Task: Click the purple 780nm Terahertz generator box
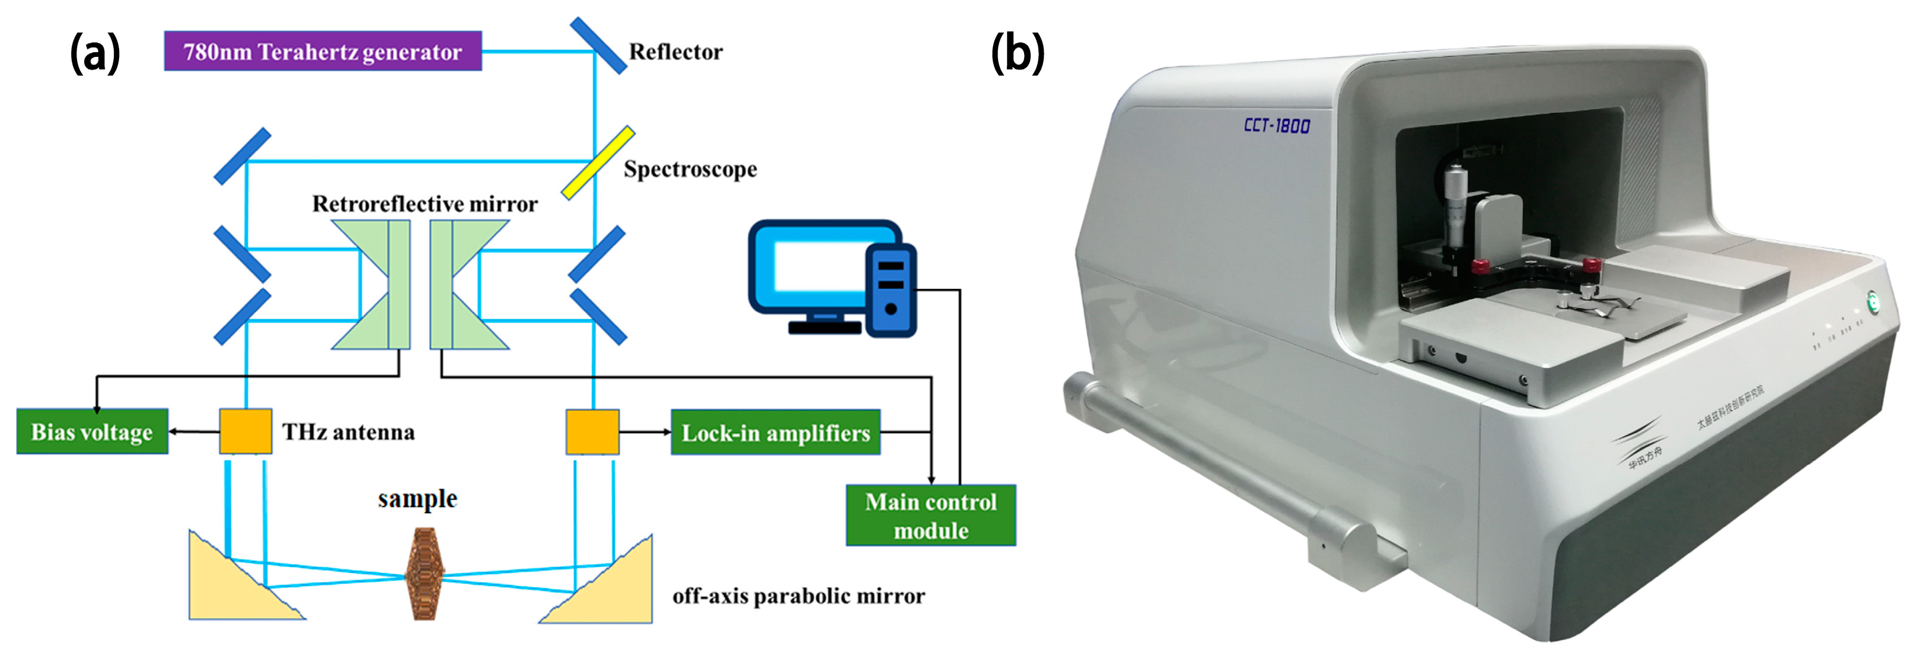(x=322, y=52)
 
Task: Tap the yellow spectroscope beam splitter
(x=597, y=163)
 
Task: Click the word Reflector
(x=675, y=52)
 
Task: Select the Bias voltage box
(x=93, y=431)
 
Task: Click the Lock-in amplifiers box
(x=775, y=432)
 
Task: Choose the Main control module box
(x=930, y=515)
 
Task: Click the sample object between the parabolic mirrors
(x=425, y=574)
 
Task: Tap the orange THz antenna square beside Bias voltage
(x=246, y=431)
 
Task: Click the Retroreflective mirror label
(x=424, y=204)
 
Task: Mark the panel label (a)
(x=94, y=53)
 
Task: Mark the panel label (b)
(x=1017, y=53)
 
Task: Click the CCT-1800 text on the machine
(x=1276, y=125)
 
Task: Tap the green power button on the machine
(x=1872, y=301)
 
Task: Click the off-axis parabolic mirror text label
(x=798, y=596)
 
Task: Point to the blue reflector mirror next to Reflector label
(x=597, y=46)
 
